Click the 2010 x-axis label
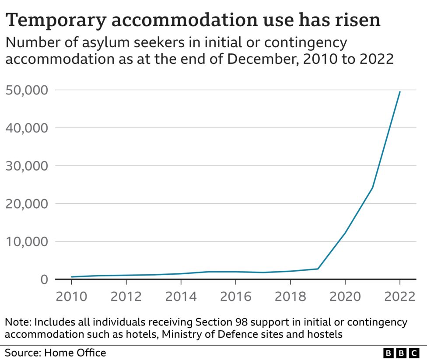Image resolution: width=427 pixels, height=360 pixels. click(x=71, y=296)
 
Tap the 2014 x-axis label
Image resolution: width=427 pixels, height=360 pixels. click(x=181, y=296)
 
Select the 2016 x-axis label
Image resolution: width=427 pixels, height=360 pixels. click(x=235, y=296)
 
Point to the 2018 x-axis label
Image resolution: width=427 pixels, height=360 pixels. click(x=290, y=296)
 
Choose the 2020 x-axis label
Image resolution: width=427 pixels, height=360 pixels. click(x=345, y=296)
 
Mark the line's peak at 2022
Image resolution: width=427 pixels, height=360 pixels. click(x=399, y=92)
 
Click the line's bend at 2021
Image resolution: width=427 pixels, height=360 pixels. click(x=372, y=188)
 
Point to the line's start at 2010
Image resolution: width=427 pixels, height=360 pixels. click(x=71, y=277)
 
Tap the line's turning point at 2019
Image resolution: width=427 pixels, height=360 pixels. click(x=318, y=269)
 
